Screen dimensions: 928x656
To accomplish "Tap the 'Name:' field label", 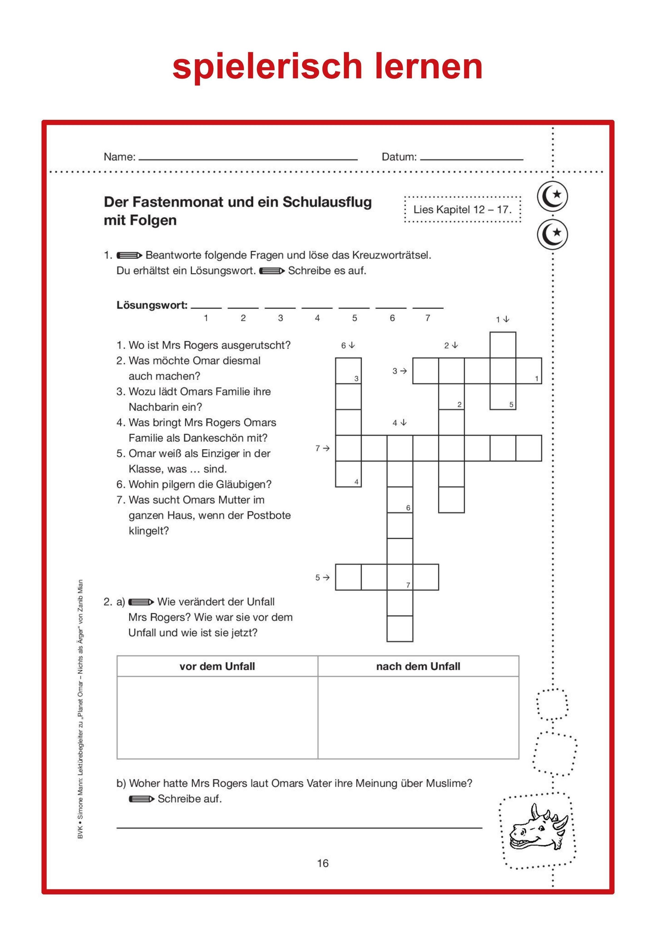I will pyautogui.click(x=120, y=157).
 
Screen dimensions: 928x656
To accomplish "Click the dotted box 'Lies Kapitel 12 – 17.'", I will pyautogui.click(x=462, y=209).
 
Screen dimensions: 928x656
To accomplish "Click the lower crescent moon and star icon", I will pyautogui.click(x=552, y=234).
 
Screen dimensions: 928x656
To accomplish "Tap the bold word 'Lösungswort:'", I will pyautogui.click(x=152, y=305).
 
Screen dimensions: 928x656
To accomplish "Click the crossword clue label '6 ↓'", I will pyautogui.click(x=348, y=346).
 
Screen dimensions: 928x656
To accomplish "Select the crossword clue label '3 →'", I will pyautogui.click(x=399, y=371).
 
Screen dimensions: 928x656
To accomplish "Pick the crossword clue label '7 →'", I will pyautogui.click(x=323, y=448).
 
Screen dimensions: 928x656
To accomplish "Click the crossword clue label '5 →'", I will pyautogui.click(x=323, y=578).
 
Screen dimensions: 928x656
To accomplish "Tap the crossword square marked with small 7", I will pyautogui.click(x=400, y=577).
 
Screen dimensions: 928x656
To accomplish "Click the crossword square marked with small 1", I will pyautogui.click(x=529, y=371).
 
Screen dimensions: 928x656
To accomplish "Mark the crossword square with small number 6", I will pyautogui.click(x=400, y=500).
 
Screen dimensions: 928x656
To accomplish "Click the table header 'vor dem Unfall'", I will pyautogui.click(x=217, y=666).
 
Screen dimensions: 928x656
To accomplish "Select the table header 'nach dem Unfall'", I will pyautogui.click(x=418, y=666).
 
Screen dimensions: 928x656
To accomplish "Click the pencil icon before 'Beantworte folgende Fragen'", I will pyautogui.click(x=129, y=256).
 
